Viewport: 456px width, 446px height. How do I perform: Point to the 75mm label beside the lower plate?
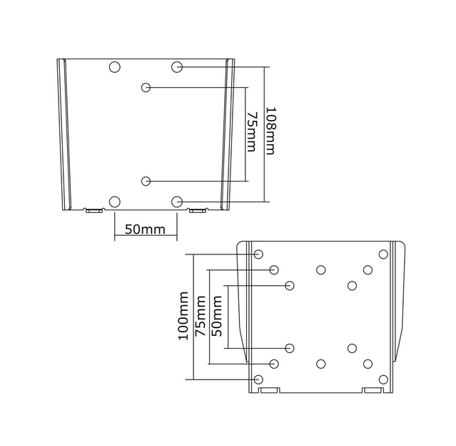click(x=201, y=317)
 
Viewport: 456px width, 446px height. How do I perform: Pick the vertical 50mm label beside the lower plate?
click(x=217, y=317)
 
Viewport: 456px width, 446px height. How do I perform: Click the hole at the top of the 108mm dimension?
click(x=178, y=66)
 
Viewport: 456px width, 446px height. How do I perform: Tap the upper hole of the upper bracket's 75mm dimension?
click(x=146, y=87)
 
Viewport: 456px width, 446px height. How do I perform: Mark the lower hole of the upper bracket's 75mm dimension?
click(x=146, y=180)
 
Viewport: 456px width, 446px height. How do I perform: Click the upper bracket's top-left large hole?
click(x=115, y=66)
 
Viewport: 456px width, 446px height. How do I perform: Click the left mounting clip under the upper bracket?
click(x=93, y=210)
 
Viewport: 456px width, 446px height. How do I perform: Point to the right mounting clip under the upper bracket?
click(x=198, y=210)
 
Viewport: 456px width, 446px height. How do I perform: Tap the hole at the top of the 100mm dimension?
click(x=258, y=254)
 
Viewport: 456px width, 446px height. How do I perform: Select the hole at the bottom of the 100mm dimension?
click(x=258, y=379)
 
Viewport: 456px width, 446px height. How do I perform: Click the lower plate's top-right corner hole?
click(x=383, y=254)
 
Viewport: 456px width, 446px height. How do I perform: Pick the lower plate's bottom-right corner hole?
click(x=383, y=379)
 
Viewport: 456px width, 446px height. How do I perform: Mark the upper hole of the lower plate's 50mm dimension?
click(x=290, y=286)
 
